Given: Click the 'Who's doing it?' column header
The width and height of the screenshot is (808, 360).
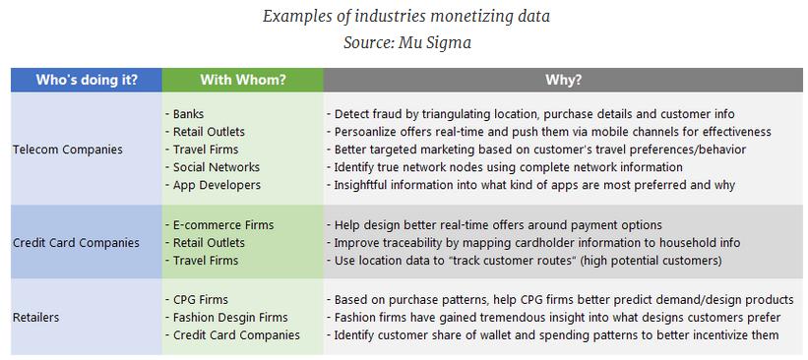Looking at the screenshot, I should (x=87, y=80).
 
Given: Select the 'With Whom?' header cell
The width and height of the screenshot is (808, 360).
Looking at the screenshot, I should (x=242, y=80).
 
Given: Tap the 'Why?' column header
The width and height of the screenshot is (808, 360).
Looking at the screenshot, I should (x=563, y=80).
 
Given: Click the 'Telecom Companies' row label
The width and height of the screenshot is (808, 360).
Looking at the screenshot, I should (x=68, y=150).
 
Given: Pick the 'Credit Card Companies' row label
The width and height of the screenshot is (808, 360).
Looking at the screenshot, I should (x=76, y=243).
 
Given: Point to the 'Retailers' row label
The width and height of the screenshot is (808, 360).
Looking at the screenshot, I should (x=36, y=318).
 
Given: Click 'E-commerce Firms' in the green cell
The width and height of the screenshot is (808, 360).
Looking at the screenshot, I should (x=221, y=225).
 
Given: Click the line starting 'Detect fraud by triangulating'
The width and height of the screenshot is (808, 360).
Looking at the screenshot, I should (x=531, y=114).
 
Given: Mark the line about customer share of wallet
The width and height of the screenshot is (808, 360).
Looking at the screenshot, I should (x=554, y=335).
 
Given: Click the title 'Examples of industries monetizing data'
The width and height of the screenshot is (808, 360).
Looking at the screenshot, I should (x=406, y=17).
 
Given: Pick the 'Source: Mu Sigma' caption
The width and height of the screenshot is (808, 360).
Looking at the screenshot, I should (x=405, y=42).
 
